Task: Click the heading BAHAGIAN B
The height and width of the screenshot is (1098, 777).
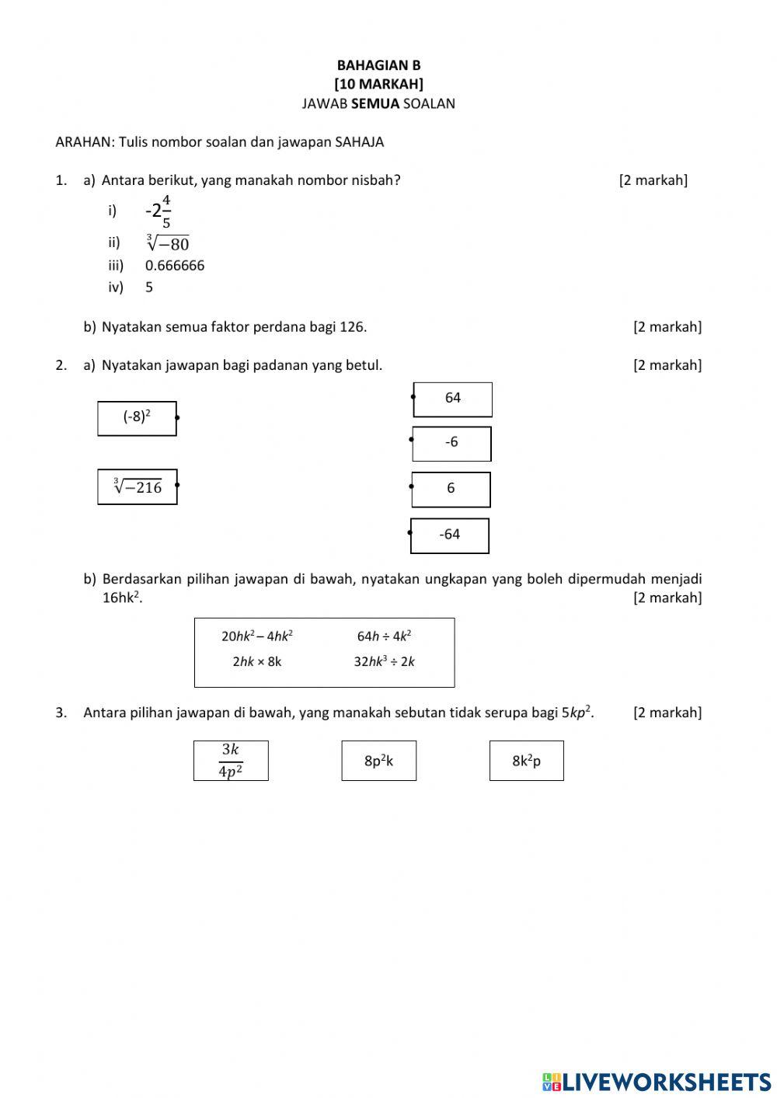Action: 378,65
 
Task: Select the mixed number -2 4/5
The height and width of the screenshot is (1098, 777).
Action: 159,211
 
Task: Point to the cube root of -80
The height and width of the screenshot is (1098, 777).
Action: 168,242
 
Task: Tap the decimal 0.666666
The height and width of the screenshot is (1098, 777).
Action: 175,266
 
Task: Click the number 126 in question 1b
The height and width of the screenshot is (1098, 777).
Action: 352,327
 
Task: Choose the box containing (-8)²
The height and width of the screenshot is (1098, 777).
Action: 137,418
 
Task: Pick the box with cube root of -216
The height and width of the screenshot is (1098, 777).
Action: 138,487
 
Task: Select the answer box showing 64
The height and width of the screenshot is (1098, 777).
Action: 453,399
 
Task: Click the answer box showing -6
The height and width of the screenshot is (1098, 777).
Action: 451,443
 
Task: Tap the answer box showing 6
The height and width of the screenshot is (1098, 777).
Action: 451,489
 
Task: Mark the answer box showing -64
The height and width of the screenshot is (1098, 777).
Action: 450,535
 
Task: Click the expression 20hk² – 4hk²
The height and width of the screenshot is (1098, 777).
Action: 257,636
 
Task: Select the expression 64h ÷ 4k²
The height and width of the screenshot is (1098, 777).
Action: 384,636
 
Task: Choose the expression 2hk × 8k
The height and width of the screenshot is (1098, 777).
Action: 257,662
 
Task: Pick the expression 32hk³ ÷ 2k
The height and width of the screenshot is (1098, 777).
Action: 385,662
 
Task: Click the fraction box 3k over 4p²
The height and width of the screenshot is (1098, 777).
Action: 231,761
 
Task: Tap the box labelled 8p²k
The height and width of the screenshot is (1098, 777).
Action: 378,761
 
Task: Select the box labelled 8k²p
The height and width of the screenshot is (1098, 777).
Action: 526,761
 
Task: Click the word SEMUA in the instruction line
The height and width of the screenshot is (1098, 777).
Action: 375,103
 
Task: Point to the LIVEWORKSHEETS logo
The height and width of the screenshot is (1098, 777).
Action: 657,1082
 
